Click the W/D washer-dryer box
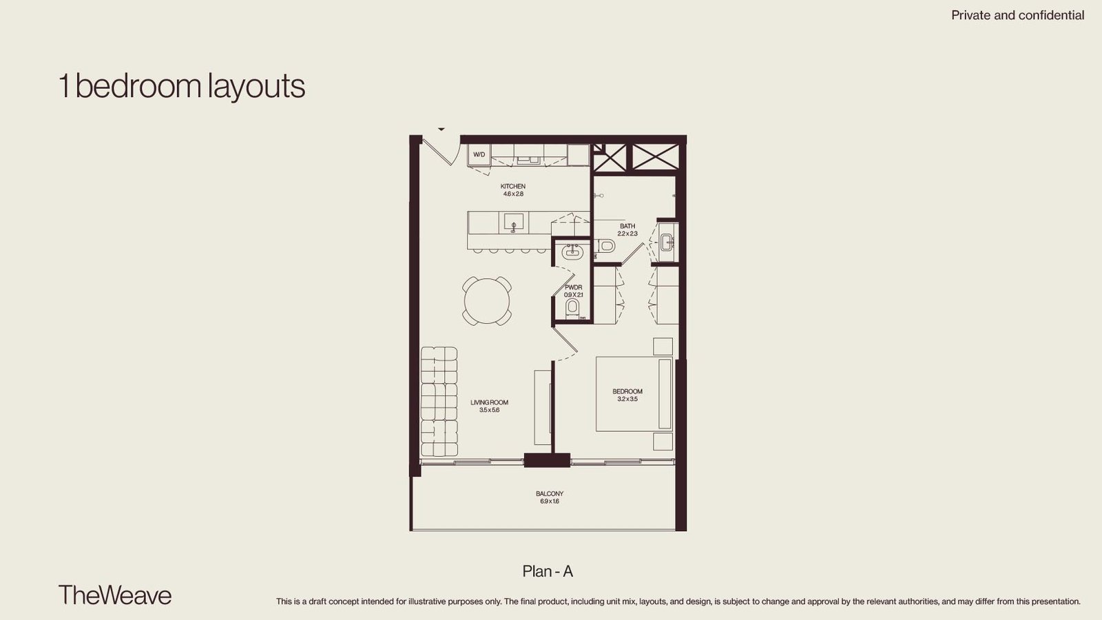point(479,154)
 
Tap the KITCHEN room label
point(513,187)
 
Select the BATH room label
point(627,227)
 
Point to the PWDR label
point(574,287)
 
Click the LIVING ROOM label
point(490,402)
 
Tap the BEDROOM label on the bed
point(627,392)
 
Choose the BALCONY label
point(550,493)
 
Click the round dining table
point(487,300)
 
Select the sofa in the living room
point(439,402)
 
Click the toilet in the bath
point(606,245)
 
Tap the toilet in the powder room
point(572,307)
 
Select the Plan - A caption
point(548,571)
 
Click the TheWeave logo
point(115,595)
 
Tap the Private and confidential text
point(1018,15)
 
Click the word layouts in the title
point(256,86)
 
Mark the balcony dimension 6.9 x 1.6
point(550,502)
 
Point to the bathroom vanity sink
point(667,242)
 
